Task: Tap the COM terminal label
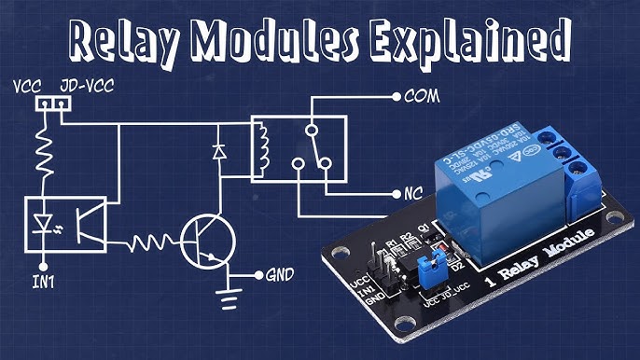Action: point(421,96)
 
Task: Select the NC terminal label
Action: point(416,195)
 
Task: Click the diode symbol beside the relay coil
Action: point(220,148)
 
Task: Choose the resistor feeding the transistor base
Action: point(151,243)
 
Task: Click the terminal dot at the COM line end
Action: point(397,96)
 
